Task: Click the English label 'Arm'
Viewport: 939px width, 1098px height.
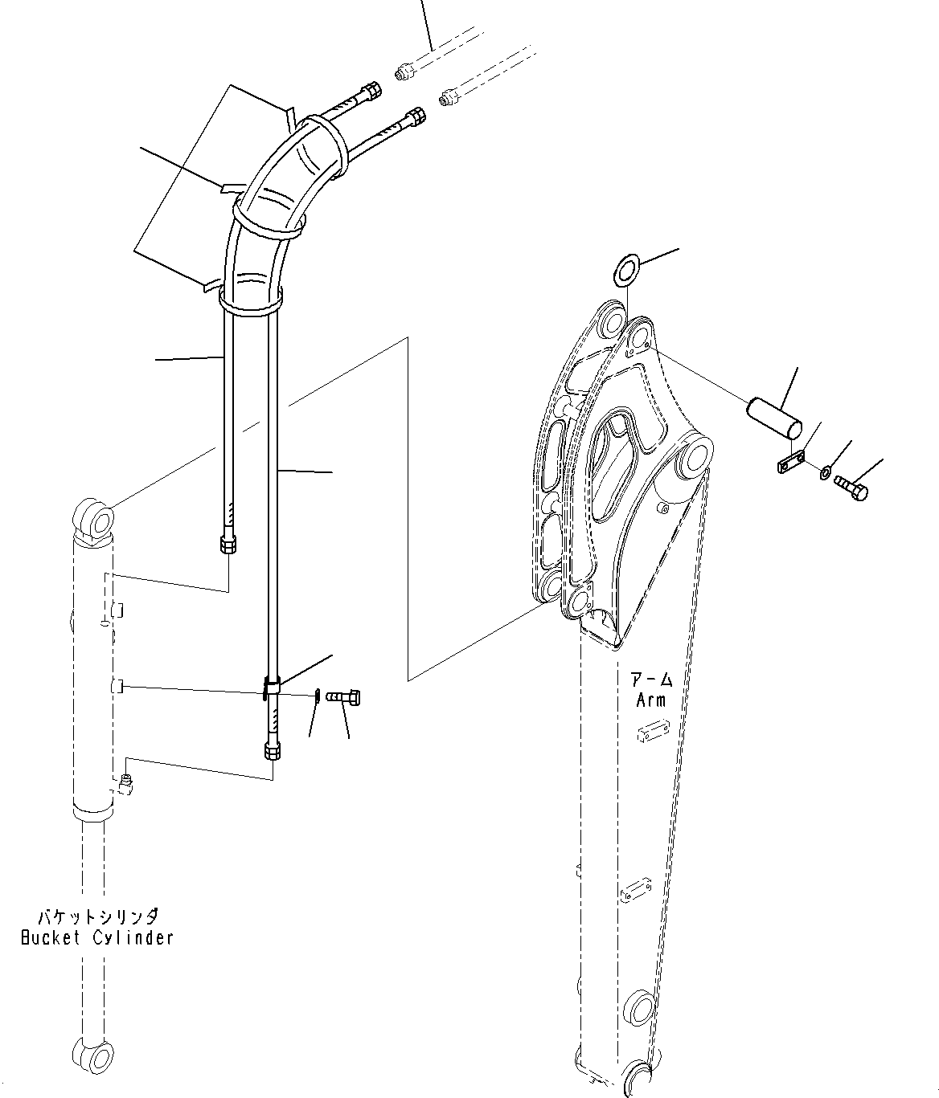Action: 650,700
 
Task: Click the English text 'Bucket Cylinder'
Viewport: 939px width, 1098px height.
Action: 96,937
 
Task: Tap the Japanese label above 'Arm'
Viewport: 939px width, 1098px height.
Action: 651,680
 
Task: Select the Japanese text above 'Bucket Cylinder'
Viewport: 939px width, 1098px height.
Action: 97,916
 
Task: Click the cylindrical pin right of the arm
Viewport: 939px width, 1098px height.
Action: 774,415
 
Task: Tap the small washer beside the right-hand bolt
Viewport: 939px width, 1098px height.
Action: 826,473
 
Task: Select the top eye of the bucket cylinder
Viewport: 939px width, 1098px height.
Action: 95,517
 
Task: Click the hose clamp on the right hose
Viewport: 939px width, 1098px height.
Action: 272,687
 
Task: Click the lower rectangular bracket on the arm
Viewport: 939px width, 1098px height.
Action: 636,891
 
